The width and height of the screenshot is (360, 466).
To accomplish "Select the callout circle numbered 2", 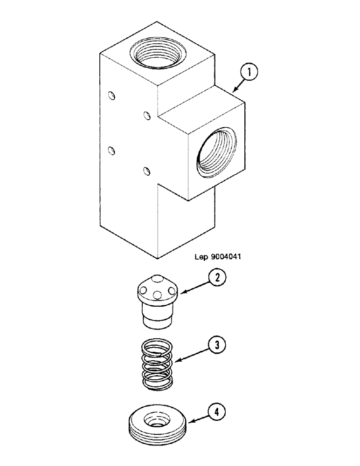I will tap(216, 278).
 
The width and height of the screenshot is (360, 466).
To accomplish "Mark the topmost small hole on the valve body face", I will tap(111, 96).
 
